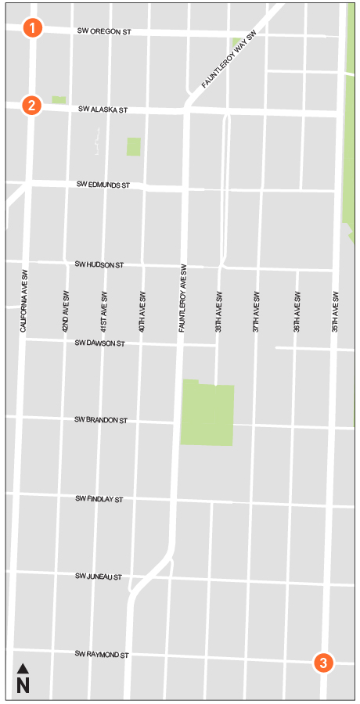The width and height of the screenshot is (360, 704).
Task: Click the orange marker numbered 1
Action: [32, 27]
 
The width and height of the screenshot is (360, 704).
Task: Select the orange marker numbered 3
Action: [323, 663]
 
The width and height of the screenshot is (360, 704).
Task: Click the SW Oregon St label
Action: [104, 31]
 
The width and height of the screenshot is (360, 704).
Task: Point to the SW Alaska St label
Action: [103, 110]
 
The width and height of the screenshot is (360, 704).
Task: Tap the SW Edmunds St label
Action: [103, 185]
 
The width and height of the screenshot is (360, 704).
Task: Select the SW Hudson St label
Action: [99, 265]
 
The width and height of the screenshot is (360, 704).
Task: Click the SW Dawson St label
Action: [99, 343]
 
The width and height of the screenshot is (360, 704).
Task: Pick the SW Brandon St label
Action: [100, 420]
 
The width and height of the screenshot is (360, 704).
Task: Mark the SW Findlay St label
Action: [99, 498]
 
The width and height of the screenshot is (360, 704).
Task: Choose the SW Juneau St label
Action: [99, 576]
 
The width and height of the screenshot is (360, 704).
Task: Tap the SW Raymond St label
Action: [101, 654]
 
